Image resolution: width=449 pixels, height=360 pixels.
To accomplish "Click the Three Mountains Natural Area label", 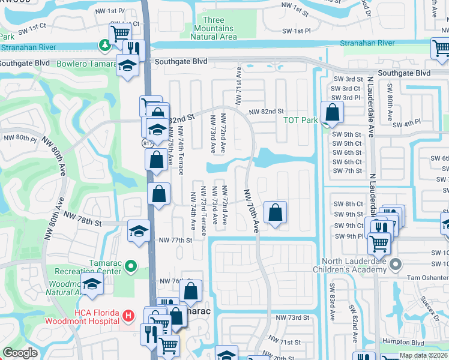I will [x=213, y=28].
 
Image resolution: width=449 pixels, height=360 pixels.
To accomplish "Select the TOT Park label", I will [x=300, y=120].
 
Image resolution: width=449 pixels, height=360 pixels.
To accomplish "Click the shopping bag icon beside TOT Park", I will [x=332, y=112].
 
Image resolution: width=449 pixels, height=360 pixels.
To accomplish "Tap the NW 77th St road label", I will [x=175, y=240].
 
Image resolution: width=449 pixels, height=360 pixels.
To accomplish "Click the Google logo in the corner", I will [x=20, y=353].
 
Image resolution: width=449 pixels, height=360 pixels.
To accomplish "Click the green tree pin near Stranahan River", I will [x=105, y=45].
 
